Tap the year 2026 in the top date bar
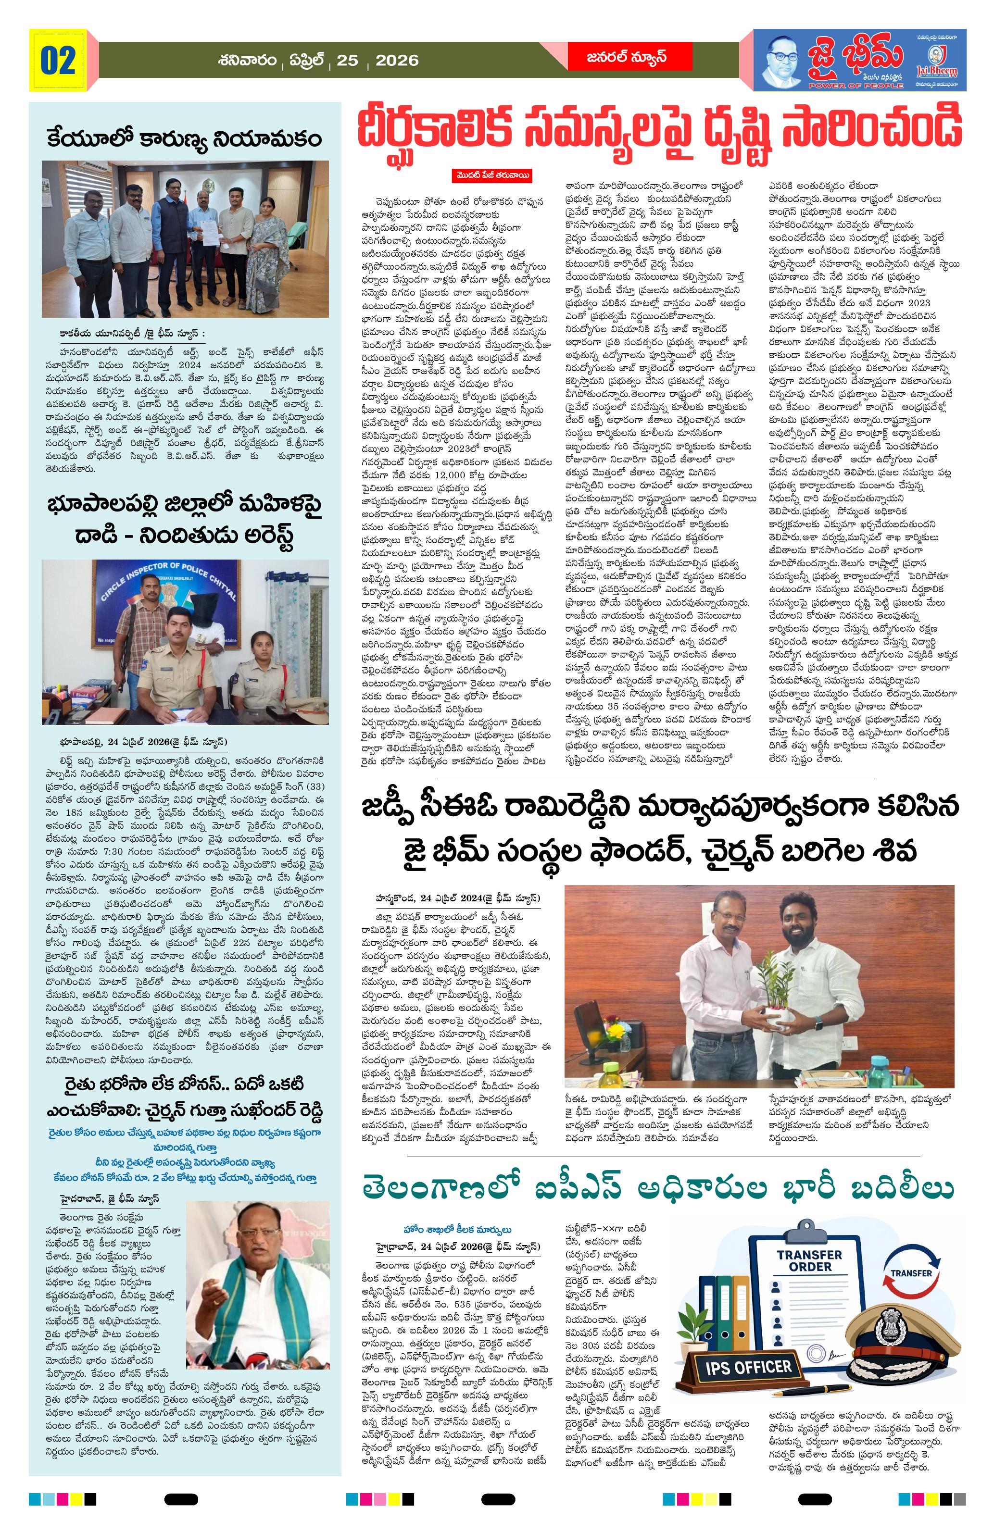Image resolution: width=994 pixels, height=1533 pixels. (x=396, y=61)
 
